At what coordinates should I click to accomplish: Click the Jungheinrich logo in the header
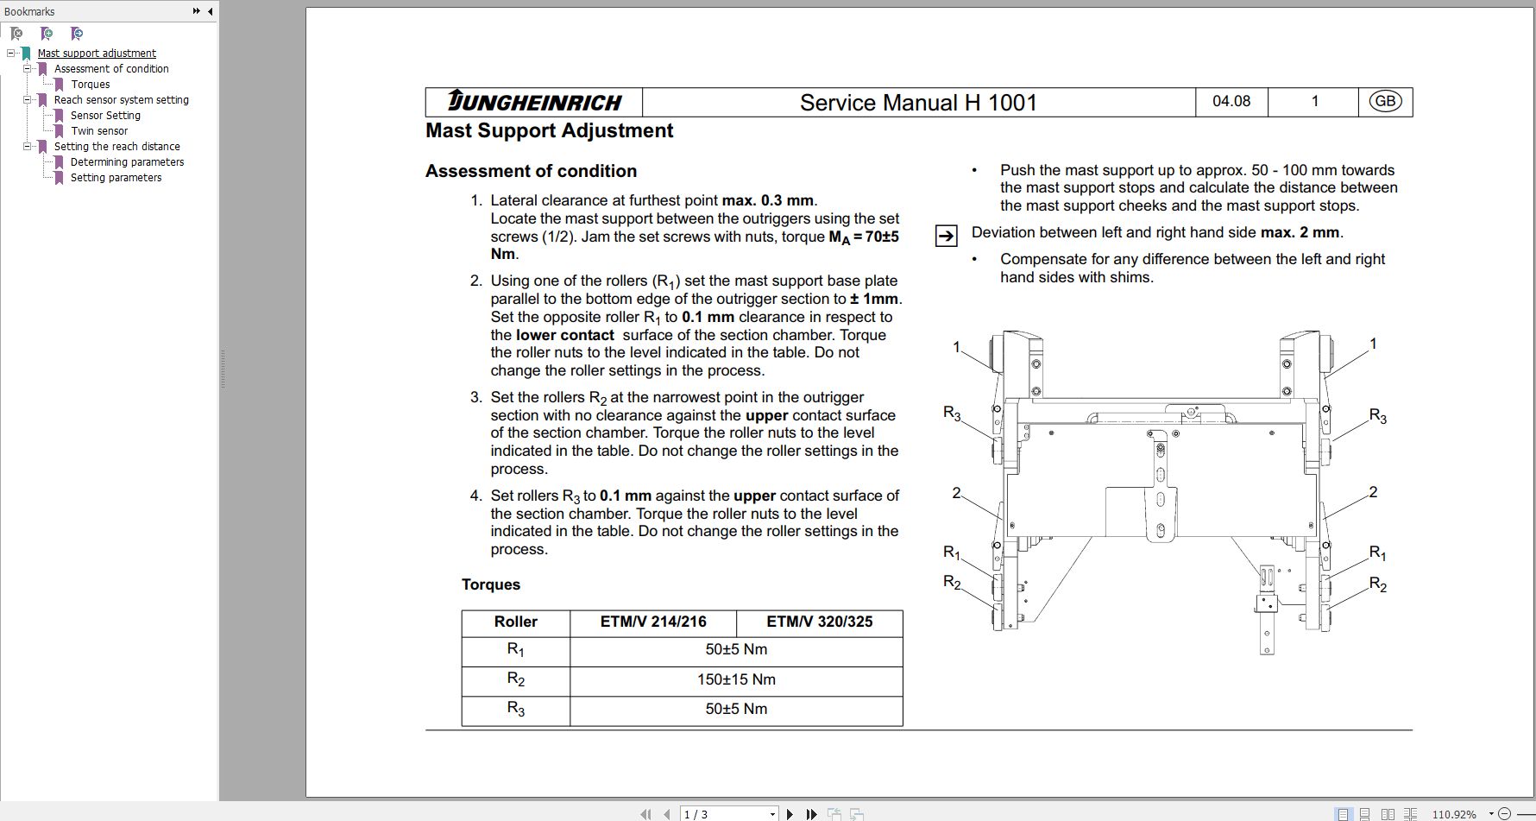pyautogui.click(x=534, y=102)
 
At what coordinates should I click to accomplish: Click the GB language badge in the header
pyautogui.click(x=1385, y=101)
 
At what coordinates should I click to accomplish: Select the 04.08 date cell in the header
pyautogui.click(x=1231, y=101)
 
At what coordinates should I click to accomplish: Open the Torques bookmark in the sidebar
pyautogui.click(x=90, y=85)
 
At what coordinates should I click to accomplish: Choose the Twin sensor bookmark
pyautogui.click(x=99, y=131)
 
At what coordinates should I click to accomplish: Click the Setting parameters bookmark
pyautogui.click(x=116, y=178)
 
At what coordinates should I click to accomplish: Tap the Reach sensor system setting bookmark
pyautogui.click(x=121, y=100)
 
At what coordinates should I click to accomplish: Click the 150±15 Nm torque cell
pyautogui.click(x=736, y=679)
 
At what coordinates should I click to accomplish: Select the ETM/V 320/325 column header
pyautogui.click(x=819, y=622)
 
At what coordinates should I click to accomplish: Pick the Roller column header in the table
pyautogui.click(x=515, y=622)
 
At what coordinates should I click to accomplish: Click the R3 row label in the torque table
pyautogui.click(x=515, y=709)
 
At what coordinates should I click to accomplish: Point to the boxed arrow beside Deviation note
pyautogui.click(x=946, y=236)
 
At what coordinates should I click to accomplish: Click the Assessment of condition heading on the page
pyautogui.click(x=531, y=171)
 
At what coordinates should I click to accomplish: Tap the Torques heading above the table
pyautogui.click(x=490, y=584)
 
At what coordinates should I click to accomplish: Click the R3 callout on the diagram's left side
pyautogui.click(x=952, y=414)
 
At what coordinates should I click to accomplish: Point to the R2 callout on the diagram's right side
pyautogui.click(x=1377, y=584)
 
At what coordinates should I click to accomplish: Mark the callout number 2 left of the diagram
pyautogui.click(x=956, y=493)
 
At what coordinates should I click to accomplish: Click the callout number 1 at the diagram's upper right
pyautogui.click(x=1373, y=344)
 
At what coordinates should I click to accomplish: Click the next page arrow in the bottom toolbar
pyautogui.click(x=790, y=814)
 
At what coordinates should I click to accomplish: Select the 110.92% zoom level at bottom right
pyautogui.click(x=1453, y=814)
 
